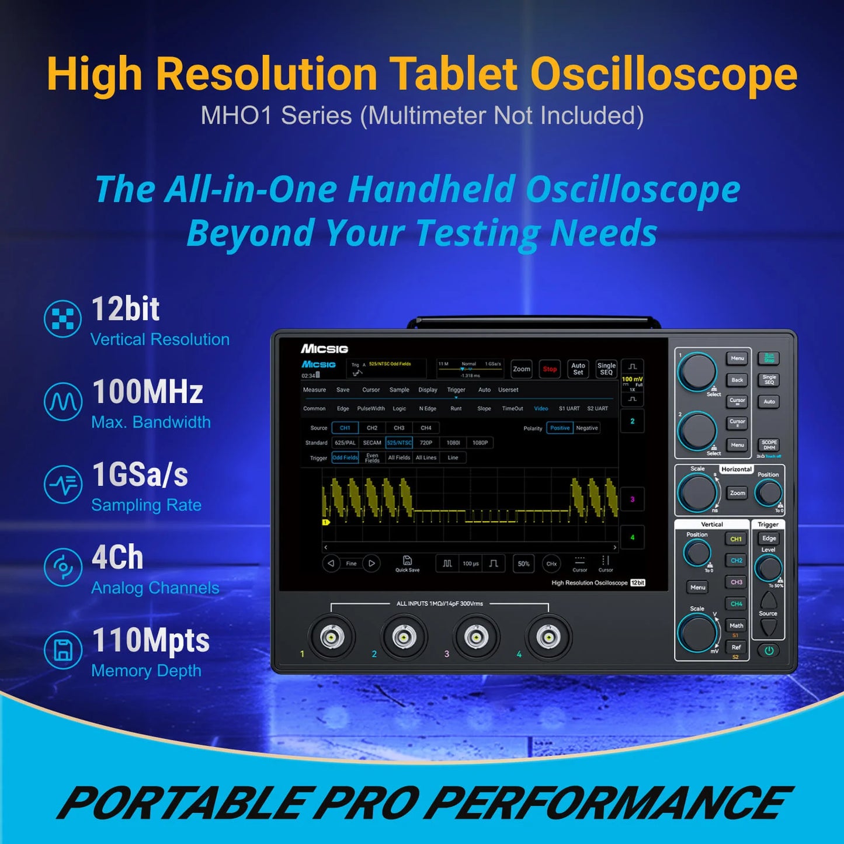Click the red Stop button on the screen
click(x=550, y=369)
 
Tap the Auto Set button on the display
click(x=578, y=369)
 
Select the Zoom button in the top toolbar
click(x=522, y=369)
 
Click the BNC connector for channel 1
click(x=332, y=637)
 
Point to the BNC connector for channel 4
click(x=548, y=637)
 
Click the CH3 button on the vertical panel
click(x=736, y=582)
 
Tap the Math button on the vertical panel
click(x=736, y=626)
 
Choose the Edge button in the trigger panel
click(x=769, y=539)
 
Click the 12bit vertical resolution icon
click(x=62, y=318)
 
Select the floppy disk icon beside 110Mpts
click(x=62, y=650)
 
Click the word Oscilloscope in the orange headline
click(x=663, y=75)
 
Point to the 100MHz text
click(x=148, y=392)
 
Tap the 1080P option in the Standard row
click(x=480, y=443)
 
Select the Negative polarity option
click(x=587, y=428)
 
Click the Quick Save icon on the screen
click(x=407, y=562)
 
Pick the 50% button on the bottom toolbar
click(x=523, y=564)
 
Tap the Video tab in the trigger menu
click(x=541, y=409)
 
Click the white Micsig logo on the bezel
click(x=324, y=349)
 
